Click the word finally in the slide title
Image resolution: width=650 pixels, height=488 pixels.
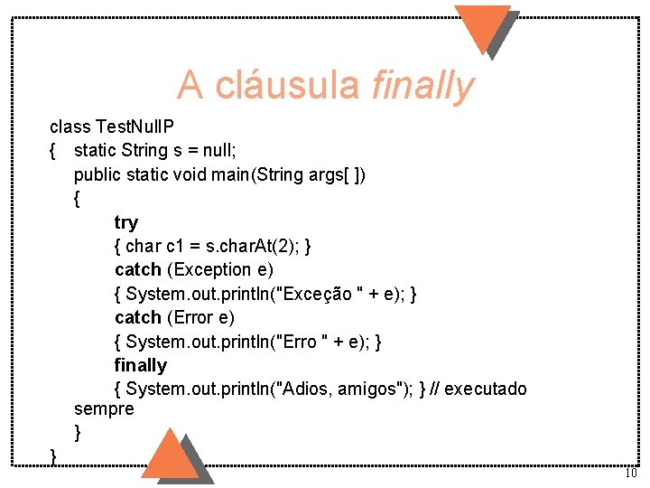click(422, 86)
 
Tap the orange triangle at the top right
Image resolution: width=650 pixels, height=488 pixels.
click(482, 27)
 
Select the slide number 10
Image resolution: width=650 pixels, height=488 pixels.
click(630, 474)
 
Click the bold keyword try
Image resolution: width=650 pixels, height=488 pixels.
click(126, 222)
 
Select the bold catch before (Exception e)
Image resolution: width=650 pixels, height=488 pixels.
click(138, 269)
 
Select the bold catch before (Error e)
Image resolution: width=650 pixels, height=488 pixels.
click(138, 317)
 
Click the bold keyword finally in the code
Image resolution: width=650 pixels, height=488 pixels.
click(141, 365)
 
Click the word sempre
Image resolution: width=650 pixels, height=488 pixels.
click(104, 409)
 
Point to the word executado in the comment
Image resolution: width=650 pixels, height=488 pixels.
click(486, 389)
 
